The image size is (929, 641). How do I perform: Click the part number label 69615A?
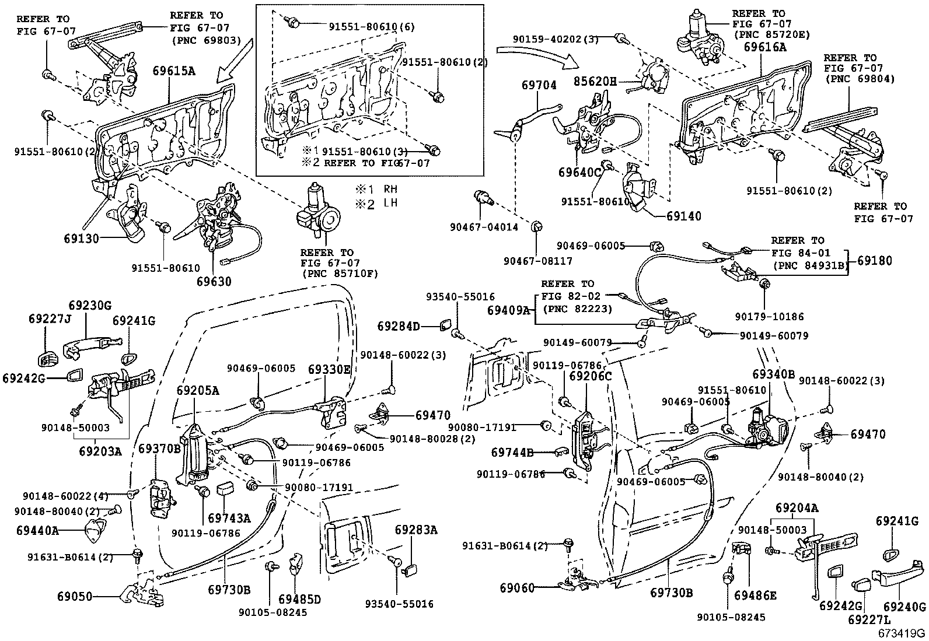point(173,72)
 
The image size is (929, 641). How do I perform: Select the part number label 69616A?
point(765,47)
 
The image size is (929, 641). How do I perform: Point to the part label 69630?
point(214,281)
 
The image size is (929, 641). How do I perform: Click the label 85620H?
point(595,81)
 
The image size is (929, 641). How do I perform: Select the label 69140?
point(684,216)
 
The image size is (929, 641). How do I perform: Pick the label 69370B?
point(159,449)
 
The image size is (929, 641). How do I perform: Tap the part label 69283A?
point(415,530)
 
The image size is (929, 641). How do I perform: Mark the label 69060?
point(516,588)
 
